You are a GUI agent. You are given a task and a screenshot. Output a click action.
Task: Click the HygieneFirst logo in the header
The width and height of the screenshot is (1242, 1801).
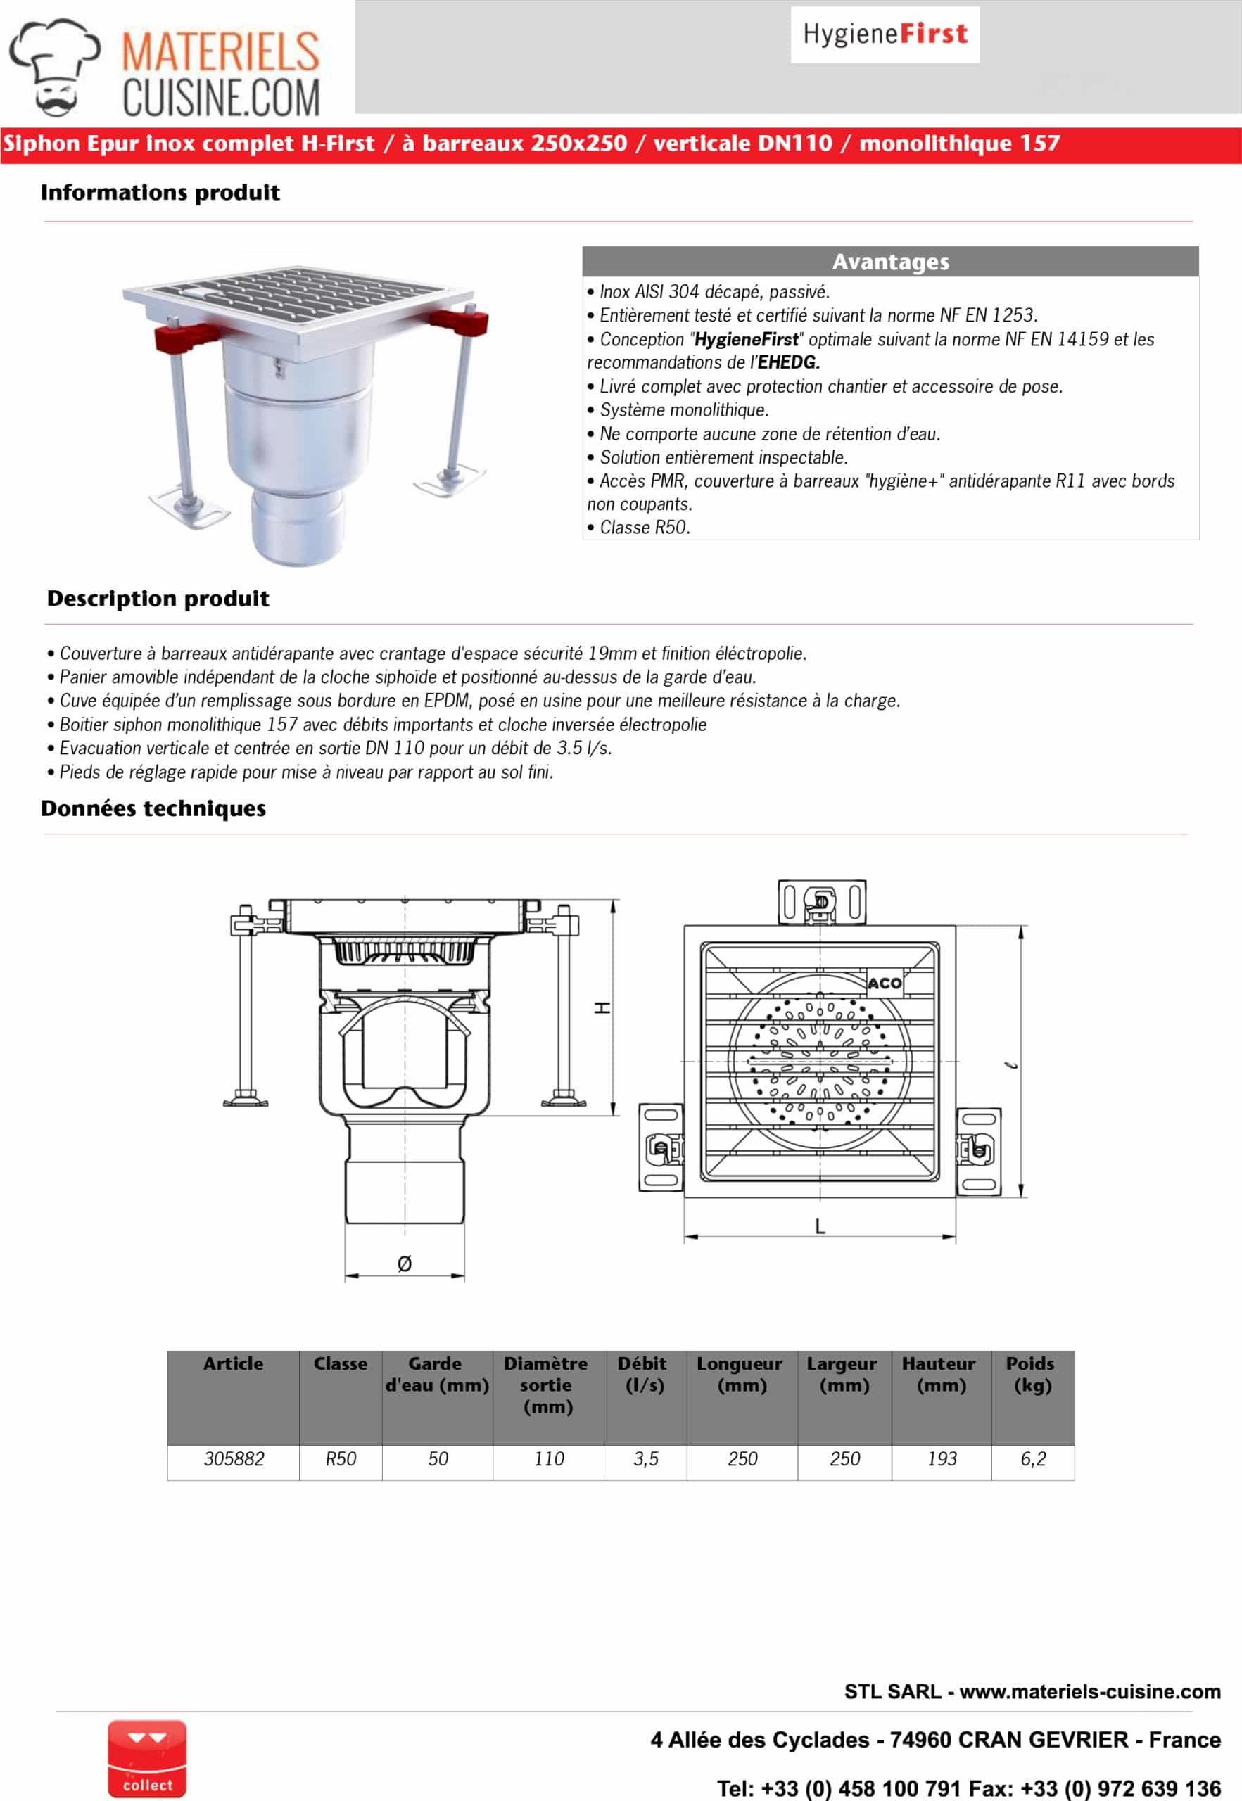click(885, 34)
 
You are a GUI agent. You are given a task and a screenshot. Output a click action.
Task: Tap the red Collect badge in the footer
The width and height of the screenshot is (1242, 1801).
click(146, 1758)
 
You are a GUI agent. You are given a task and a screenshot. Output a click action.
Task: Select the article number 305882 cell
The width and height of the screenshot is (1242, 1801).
click(234, 1458)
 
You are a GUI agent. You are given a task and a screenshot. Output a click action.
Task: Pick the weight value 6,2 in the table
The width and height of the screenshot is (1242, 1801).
click(1033, 1458)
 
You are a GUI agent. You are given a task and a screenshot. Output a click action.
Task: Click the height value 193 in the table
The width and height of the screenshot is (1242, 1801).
click(942, 1458)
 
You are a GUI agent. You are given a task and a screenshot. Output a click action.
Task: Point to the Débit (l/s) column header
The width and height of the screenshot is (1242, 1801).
click(645, 1375)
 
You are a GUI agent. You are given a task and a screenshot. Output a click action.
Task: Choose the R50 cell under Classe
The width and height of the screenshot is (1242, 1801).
click(341, 1458)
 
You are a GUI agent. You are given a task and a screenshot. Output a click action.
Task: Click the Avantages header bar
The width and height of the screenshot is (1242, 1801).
click(890, 262)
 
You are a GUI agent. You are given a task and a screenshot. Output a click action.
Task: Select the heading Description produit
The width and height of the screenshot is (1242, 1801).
click(158, 598)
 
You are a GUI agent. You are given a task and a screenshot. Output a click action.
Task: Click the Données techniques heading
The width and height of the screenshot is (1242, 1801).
click(153, 808)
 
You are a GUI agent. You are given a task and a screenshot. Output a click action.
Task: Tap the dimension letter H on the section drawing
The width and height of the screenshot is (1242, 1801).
click(602, 1007)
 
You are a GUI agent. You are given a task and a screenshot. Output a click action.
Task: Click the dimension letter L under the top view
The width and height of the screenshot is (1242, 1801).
click(820, 1227)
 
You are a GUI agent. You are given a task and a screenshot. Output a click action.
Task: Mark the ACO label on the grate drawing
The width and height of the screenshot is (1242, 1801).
click(885, 984)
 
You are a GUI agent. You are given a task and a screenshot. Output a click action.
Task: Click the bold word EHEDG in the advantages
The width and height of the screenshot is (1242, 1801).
click(788, 362)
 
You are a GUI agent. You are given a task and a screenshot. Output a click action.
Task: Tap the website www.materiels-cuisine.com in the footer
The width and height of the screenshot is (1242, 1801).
click(1089, 1691)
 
